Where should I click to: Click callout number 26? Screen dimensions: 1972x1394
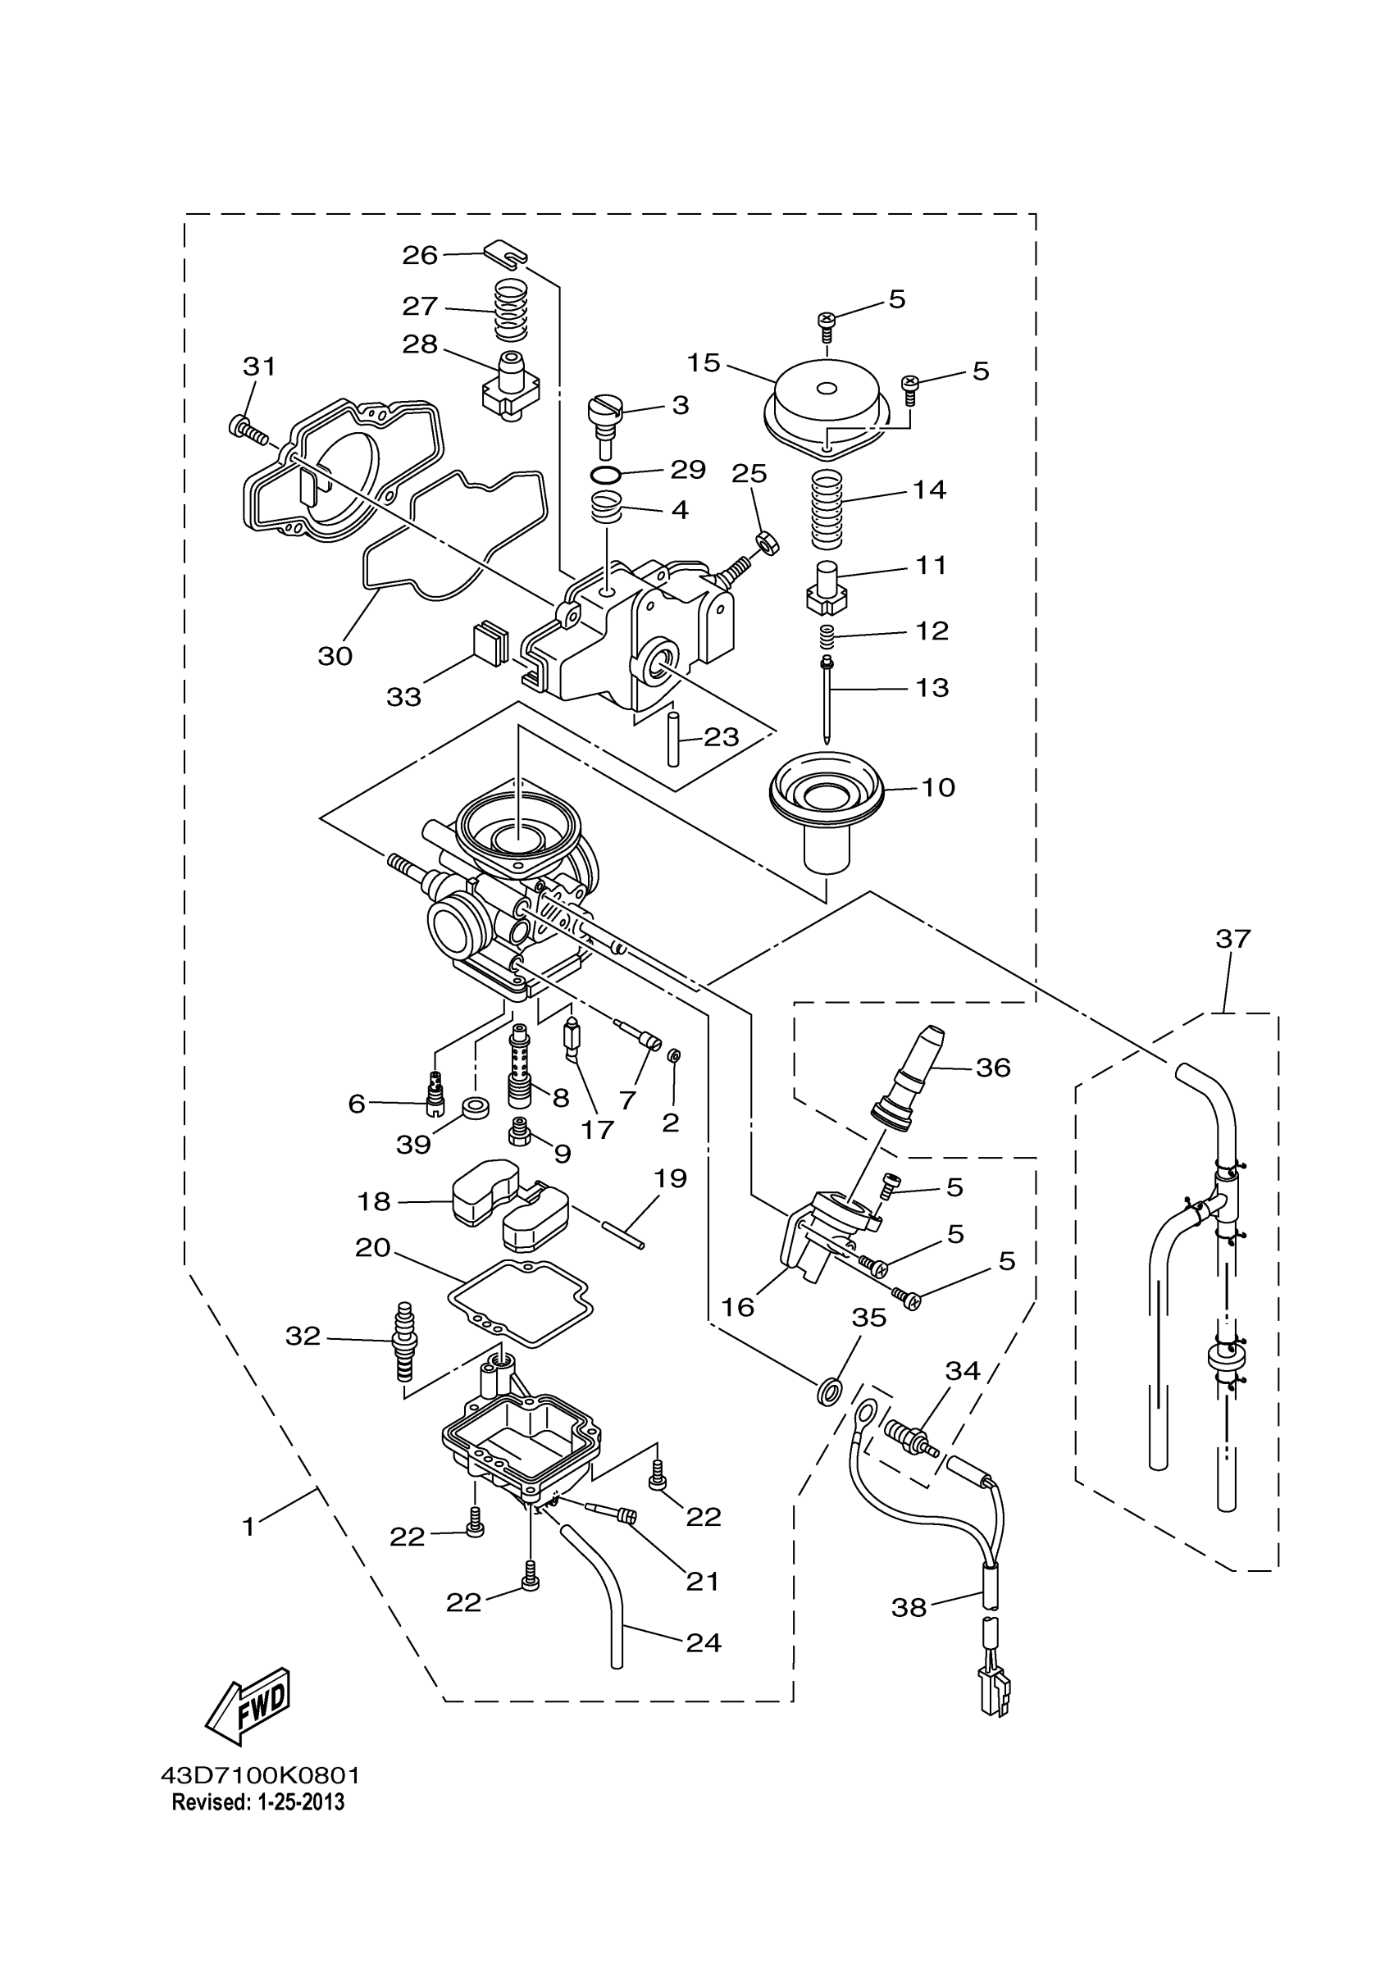(x=420, y=255)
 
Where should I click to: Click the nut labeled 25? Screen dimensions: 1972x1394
(x=766, y=543)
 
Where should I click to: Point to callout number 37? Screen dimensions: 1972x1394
(x=1232, y=939)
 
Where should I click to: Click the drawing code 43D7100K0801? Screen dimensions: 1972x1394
(x=260, y=1775)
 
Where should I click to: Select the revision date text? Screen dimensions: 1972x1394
(x=257, y=1802)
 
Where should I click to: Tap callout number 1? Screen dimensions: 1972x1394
(x=248, y=1526)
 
